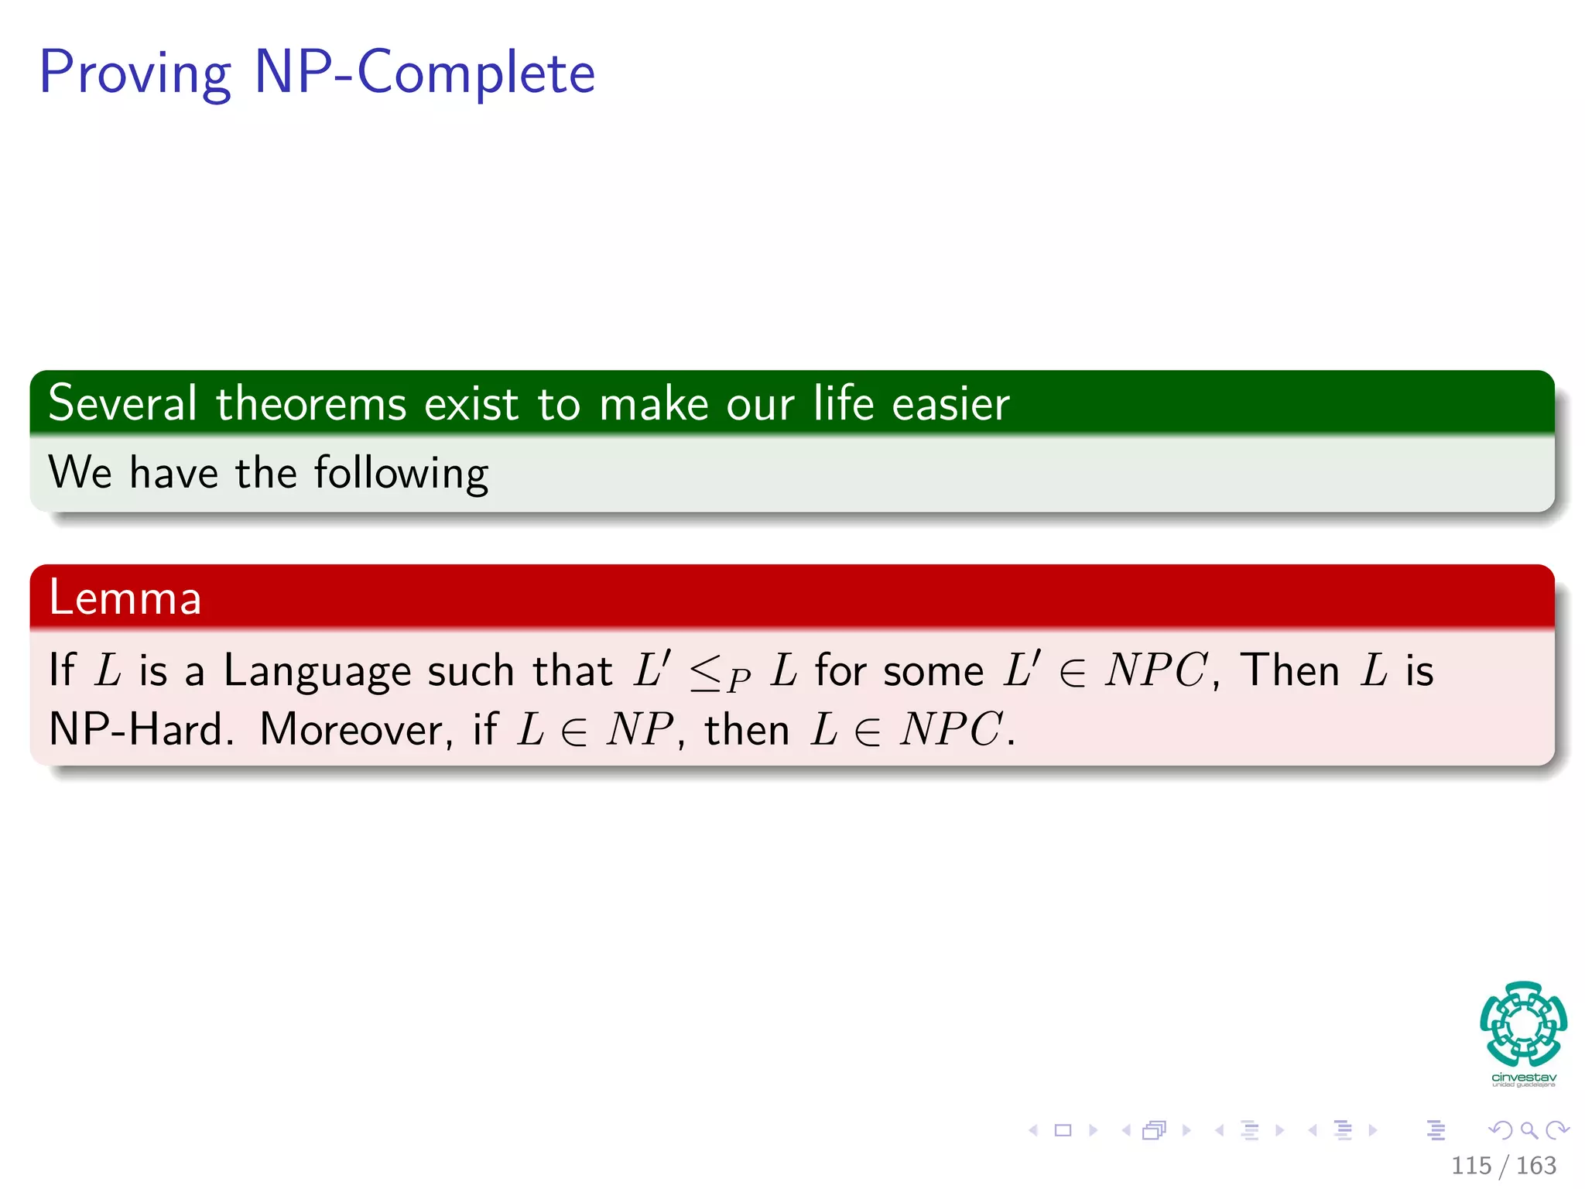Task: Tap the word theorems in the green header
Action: pyautogui.click(x=311, y=404)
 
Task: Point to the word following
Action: pyautogui.click(x=401, y=474)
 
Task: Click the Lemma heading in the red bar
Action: pyautogui.click(x=125, y=598)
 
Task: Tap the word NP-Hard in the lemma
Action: pyautogui.click(x=141, y=730)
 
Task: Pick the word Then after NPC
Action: pyautogui.click(x=1289, y=670)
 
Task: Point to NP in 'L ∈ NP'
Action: pyautogui.click(x=639, y=730)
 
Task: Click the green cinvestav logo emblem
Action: pyautogui.click(x=1523, y=1023)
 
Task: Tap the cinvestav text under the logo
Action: pyautogui.click(x=1523, y=1078)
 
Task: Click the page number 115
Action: pyautogui.click(x=1470, y=1166)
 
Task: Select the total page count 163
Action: pyautogui.click(x=1535, y=1166)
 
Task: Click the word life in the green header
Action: pyautogui.click(x=842, y=404)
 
